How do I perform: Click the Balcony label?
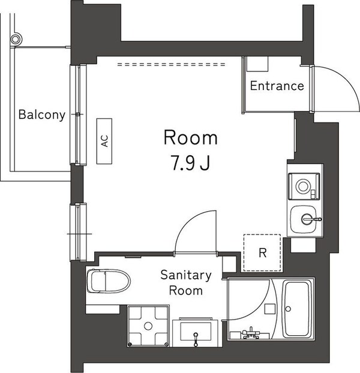pyautogui.click(x=41, y=115)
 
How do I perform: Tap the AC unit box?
pyautogui.click(x=104, y=141)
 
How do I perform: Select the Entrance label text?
pyautogui.click(x=277, y=86)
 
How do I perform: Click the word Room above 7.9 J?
pyautogui.click(x=190, y=138)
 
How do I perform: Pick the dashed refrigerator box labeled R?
pyautogui.click(x=262, y=252)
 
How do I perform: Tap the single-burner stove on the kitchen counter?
pyautogui.click(x=305, y=185)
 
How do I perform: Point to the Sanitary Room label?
pyautogui.click(x=185, y=283)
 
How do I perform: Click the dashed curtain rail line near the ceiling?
pyautogui.click(x=171, y=64)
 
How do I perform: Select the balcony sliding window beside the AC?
pyautogui.click(x=79, y=114)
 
